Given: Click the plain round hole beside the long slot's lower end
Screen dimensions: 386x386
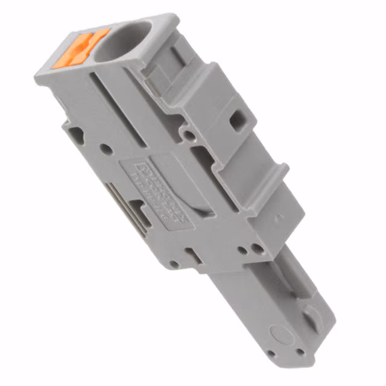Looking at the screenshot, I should (105, 148).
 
